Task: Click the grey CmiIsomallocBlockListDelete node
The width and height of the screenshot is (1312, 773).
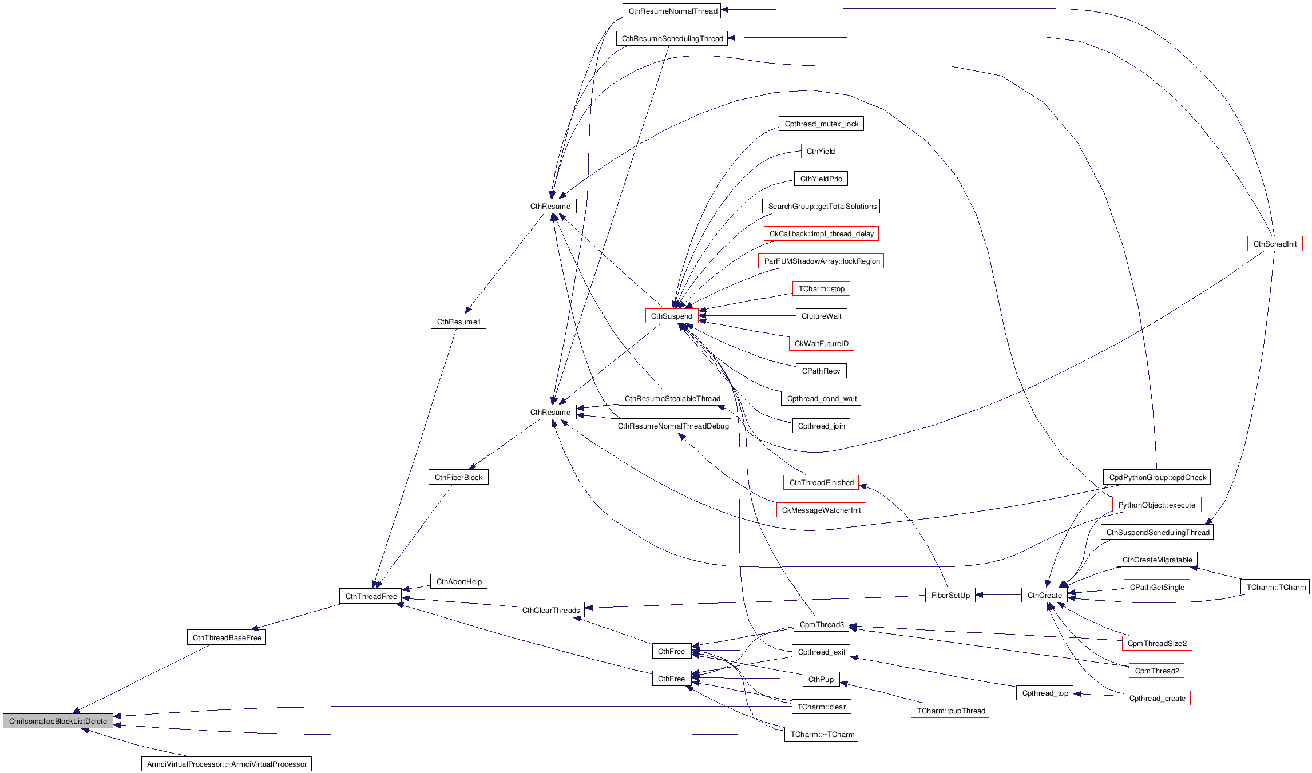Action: tap(58, 721)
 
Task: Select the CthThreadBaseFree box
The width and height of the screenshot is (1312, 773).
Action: tap(227, 637)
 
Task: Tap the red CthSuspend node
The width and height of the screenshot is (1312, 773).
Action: tap(672, 316)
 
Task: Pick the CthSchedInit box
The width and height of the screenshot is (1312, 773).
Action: tap(1275, 244)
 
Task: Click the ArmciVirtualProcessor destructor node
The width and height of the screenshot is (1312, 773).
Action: tap(227, 764)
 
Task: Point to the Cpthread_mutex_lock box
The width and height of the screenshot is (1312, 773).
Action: tap(821, 124)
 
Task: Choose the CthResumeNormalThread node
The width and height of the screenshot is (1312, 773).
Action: tap(672, 11)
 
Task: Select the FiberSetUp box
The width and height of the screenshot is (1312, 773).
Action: tap(950, 595)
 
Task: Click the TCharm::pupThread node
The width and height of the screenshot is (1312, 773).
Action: tap(950, 711)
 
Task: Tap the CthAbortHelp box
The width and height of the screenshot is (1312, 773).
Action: tap(459, 581)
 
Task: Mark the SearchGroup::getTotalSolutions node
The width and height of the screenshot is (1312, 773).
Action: tap(822, 206)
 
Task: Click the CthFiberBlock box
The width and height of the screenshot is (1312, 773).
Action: tap(458, 477)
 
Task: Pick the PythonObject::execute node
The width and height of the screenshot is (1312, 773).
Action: tap(1156, 505)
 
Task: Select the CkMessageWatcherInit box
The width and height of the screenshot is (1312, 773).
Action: tap(821, 510)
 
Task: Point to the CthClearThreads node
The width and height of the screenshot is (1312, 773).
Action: tap(550, 610)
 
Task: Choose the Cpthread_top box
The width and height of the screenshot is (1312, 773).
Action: tap(1045, 693)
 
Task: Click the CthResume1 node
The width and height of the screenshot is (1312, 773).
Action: tap(458, 322)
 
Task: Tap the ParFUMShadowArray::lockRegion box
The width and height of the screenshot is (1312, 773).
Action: tap(822, 261)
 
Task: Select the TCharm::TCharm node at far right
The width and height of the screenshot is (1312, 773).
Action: tap(1276, 587)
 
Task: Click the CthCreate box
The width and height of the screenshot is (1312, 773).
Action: tap(1044, 595)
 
